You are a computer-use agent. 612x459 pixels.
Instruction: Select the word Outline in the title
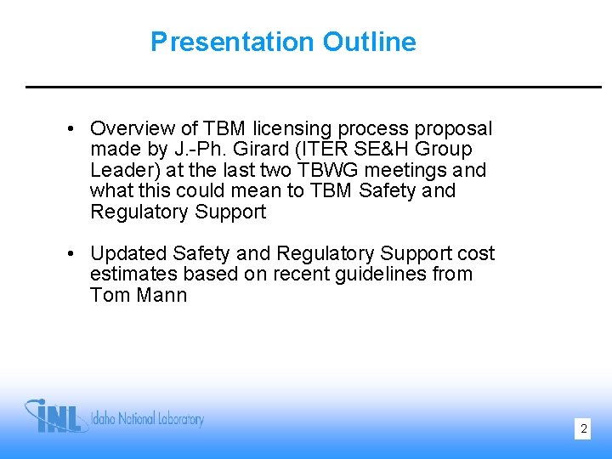368,42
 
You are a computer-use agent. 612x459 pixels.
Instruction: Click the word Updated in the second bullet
127,253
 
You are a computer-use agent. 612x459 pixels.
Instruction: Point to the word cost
476,253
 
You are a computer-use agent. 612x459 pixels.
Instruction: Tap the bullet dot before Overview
73,129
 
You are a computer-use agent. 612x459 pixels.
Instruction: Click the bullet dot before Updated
73,254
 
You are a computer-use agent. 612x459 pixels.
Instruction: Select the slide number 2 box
583,429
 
